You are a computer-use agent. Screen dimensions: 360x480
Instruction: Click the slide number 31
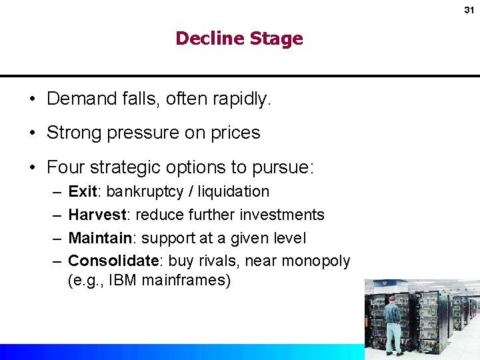(468, 10)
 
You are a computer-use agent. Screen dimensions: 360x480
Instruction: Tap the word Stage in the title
(276, 39)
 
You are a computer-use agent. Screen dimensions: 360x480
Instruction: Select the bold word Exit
(83, 191)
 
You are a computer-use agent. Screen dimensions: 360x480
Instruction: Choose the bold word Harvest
(97, 215)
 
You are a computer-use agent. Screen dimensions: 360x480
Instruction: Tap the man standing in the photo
(393, 323)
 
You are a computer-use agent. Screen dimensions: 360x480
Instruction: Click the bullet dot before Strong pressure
(32, 133)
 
